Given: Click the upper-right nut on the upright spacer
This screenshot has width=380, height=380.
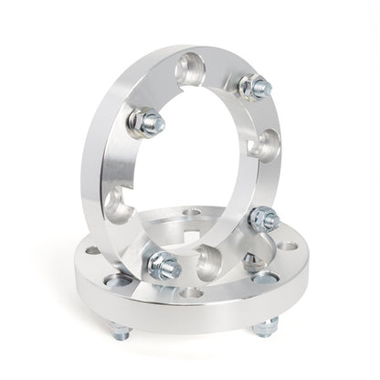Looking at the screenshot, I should coord(254,88).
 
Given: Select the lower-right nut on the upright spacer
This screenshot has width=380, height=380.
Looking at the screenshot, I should coord(264,219).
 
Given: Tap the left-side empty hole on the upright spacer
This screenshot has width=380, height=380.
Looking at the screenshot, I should coord(118,206).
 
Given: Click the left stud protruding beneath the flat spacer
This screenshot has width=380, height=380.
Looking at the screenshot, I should coord(120,330).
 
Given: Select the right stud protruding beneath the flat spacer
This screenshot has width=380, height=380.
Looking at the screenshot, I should coord(266,326).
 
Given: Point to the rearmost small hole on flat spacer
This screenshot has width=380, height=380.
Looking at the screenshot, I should coord(192,212).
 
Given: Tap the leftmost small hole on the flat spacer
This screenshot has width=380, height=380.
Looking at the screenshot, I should coord(92,249).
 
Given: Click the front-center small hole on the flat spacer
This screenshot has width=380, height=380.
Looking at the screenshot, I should coord(191,293).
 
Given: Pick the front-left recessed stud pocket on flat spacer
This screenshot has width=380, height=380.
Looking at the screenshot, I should coord(114,281).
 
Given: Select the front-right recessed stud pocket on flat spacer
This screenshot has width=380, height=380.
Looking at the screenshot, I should coord(265,279).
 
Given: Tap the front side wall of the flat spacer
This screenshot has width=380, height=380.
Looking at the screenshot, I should coord(192,315).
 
